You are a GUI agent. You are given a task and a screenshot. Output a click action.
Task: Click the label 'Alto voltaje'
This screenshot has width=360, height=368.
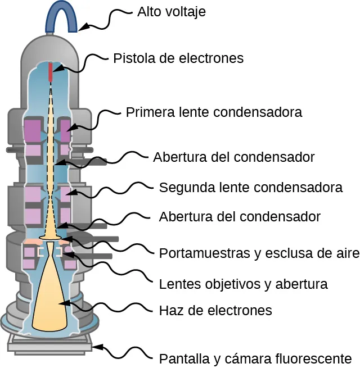(171, 12)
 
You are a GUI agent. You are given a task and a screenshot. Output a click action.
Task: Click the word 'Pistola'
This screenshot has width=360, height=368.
(133, 58)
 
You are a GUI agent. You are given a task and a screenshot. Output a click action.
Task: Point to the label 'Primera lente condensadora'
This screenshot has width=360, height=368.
(214, 112)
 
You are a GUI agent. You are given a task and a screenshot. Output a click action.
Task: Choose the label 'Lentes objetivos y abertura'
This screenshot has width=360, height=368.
(243, 284)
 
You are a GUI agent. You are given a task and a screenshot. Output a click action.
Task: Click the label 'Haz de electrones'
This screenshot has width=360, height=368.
(215, 310)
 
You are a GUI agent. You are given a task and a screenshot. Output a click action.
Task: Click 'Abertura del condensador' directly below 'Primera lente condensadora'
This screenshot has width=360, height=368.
(233, 156)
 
